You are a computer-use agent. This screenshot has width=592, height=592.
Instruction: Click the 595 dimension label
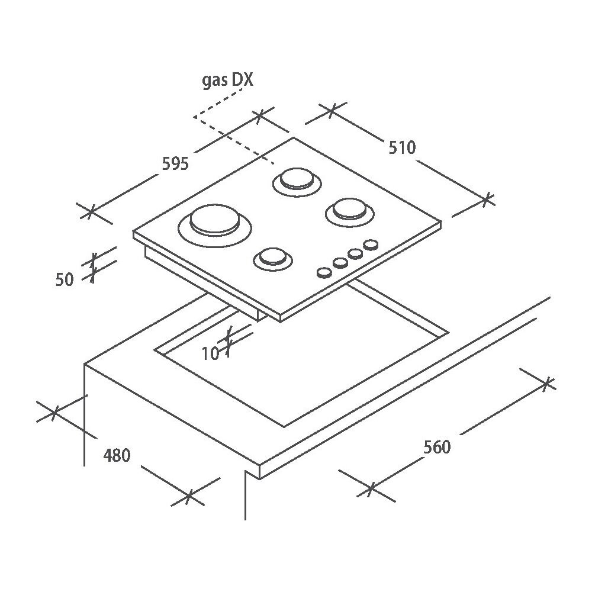click(x=175, y=164)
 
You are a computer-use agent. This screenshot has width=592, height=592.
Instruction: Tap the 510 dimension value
click(x=402, y=147)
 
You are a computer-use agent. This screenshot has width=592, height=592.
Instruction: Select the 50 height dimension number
click(x=64, y=280)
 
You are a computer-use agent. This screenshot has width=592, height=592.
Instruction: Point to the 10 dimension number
click(x=210, y=354)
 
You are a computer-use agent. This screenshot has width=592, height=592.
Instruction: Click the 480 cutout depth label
click(x=117, y=455)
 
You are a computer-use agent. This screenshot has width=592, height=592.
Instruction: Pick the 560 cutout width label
click(x=437, y=447)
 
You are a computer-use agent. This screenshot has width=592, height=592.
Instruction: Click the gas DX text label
click(x=228, y=81)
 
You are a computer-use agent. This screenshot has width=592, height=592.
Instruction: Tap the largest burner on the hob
click(x=215, y=226)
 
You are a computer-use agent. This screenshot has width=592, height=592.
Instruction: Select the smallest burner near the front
click(x=273, y=259)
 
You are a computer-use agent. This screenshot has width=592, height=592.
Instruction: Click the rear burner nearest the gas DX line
click(x=297, y=182)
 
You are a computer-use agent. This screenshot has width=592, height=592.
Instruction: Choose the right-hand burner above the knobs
click(x=350, y=212)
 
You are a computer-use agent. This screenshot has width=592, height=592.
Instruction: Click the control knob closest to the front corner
click(x=324, y=272)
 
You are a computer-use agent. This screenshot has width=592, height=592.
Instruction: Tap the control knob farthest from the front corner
click(x=371, y=244)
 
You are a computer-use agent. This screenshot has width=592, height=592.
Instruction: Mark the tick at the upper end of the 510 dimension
click(x=331, y=110)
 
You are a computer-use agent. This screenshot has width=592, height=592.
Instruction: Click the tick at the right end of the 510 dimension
click(x=488, y=199)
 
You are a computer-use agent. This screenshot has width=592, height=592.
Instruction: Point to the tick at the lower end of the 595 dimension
click(x=91, y=211)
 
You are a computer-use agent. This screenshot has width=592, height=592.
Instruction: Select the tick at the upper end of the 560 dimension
click(x=547, y=383)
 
